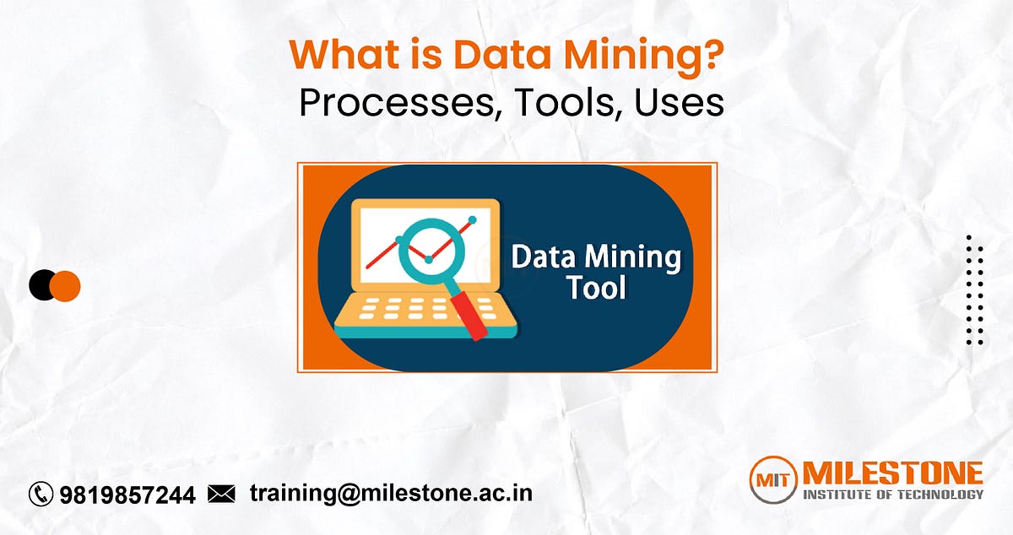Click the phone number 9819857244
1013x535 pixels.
tap(127, 494)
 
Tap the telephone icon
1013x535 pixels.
tap(41, 494)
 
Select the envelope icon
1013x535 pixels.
tap(221, 494)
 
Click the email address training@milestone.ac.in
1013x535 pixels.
tap(391, 493)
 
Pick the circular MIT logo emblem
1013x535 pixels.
tap(773, 482)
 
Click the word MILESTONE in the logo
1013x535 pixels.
tap(892, 473)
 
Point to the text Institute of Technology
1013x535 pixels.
tap(892, 494)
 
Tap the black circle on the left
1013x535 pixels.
tap(42, 286)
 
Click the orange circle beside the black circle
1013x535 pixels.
tap(66, 286)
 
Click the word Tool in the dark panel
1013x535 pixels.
tap(597, 288)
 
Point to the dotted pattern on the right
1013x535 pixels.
tap(975, 290)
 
